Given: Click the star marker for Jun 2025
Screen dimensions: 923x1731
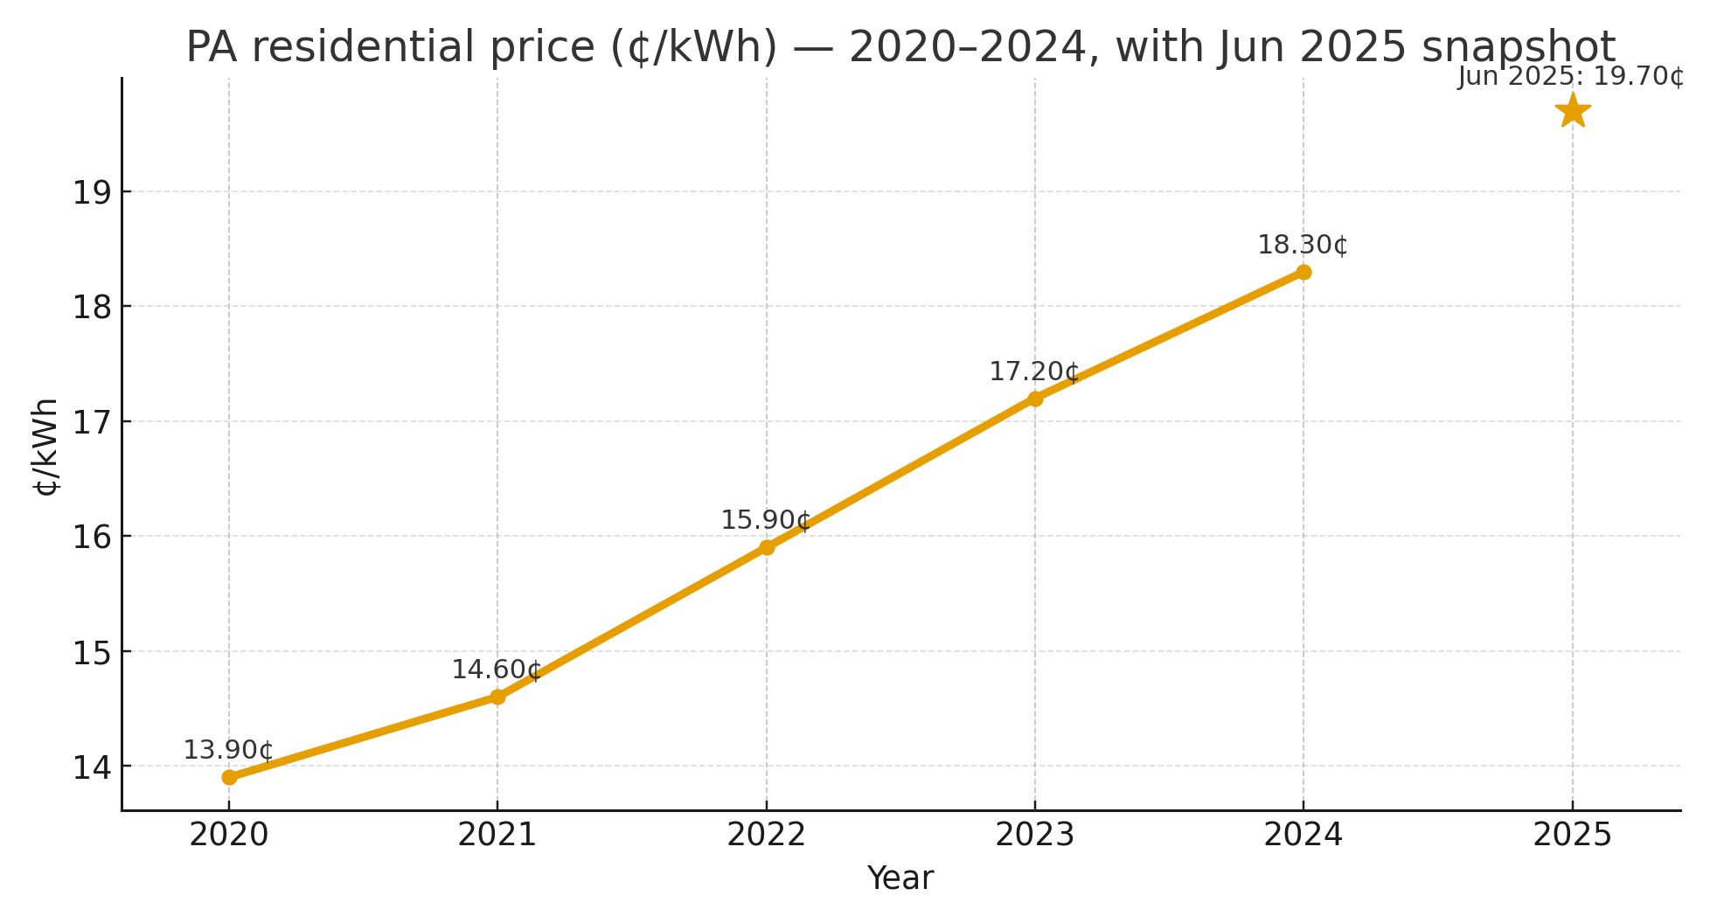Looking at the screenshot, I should [1572, 111].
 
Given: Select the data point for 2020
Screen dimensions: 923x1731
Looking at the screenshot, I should [229, 777].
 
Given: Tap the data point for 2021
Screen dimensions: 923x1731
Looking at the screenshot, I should [497, 697].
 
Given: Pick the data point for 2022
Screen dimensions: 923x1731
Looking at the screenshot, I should [767, 547].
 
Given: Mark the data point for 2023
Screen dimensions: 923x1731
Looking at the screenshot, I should [1035, 399].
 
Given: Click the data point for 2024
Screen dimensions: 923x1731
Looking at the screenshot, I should [1303, 272].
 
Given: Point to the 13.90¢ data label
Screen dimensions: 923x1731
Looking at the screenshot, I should [227, 750].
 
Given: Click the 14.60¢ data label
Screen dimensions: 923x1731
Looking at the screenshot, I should [496, 670].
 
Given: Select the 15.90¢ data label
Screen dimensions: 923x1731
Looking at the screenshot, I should [765, 520].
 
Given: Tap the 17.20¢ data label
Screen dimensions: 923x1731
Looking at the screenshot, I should [1033, 371].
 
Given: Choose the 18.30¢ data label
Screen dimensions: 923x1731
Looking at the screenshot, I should [1302, 245].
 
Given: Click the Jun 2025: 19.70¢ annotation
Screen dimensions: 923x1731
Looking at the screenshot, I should [1570, 77].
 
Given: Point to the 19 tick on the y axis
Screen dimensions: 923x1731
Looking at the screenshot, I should [91, 192].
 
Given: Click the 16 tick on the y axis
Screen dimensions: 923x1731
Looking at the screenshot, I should [91, 537].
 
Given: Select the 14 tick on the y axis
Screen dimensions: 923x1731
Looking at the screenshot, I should [91, 767].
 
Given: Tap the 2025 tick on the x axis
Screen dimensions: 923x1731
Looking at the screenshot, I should [1572, 836].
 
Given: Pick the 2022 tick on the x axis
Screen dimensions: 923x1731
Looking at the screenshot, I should [767, 836].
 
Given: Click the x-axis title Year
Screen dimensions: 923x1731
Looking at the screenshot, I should [900, 878].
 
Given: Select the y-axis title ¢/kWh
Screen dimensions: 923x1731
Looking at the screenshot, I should [45, 446].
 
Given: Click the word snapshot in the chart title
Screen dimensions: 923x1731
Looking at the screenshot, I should [1519, 47].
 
